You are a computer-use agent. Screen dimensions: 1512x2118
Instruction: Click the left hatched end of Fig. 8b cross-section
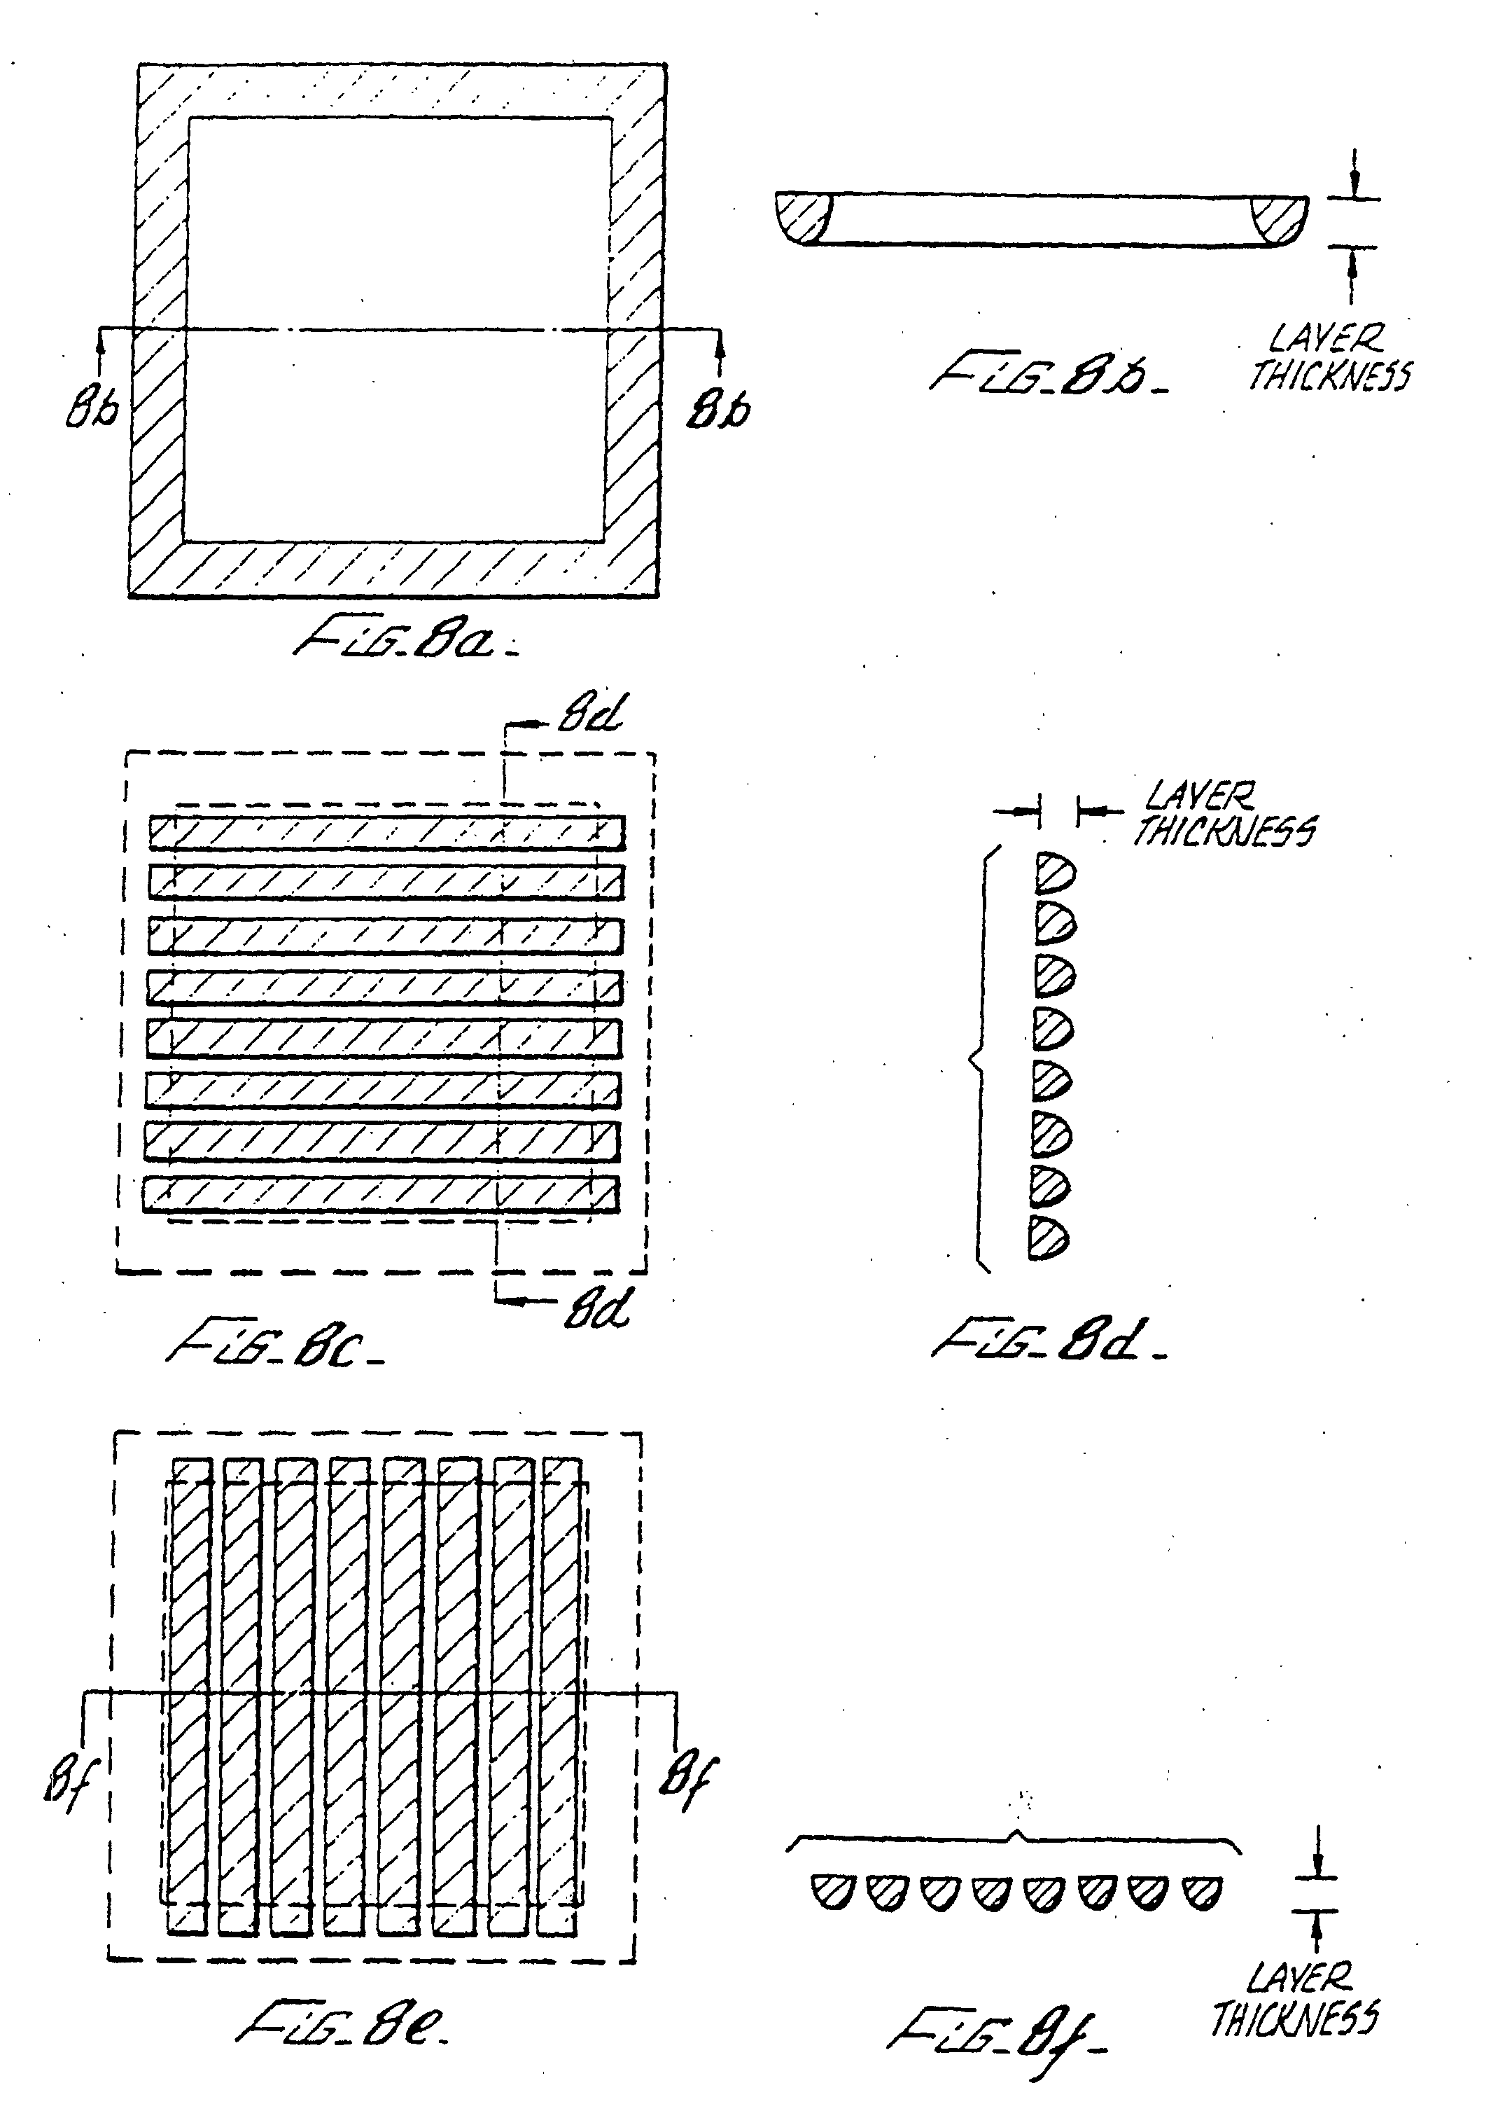pyautogui.click(x=803, y=218)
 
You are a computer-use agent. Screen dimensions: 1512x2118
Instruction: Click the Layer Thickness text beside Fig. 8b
pyautogui.click(x=1329, y=358)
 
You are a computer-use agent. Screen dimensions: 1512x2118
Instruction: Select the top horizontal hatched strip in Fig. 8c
pyautogui.click(x=386, y=832)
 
